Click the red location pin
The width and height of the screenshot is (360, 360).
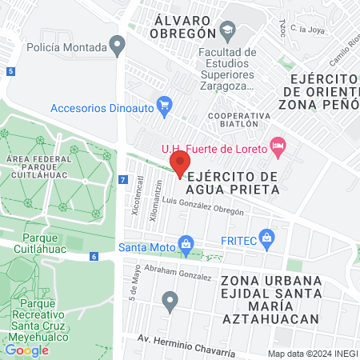tap(180, 162)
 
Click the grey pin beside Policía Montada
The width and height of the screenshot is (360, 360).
tap(118, 45)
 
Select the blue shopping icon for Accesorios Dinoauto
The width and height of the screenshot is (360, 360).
tap(165, 104)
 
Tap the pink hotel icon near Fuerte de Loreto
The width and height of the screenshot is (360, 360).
tap(278, 146)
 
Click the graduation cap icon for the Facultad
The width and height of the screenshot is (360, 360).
tap(228, 33)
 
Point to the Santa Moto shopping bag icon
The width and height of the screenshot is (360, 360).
tap(186, 242)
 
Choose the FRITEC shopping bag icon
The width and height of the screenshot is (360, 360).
tap(267, 238)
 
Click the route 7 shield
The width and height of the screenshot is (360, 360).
tap(122, 180)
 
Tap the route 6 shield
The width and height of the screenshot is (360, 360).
tap(94, 256)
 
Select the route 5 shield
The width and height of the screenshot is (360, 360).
tap(10, 72)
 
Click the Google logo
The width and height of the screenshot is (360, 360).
tap(27, 350)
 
